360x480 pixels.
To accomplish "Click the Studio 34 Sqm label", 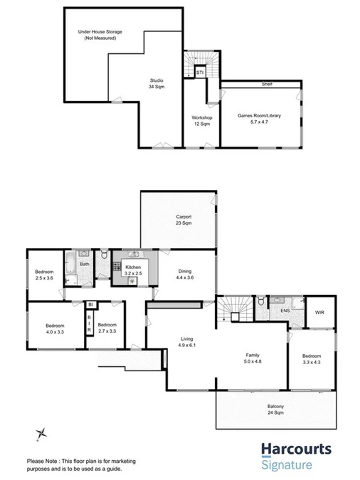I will click(x=157, y=84).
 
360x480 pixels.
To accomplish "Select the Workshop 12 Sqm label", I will click(x=203, y=121).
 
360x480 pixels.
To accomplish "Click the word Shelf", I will click(x=267, y=85).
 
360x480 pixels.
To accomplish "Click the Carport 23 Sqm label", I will click(x=184, y=220).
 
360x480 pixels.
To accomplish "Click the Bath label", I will click(x=85, y=265).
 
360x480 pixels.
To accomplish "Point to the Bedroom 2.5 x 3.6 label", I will click(x=44, y=274).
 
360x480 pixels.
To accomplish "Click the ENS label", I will click(x=285, y=311).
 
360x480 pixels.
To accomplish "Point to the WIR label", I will click(x=319, y=311).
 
